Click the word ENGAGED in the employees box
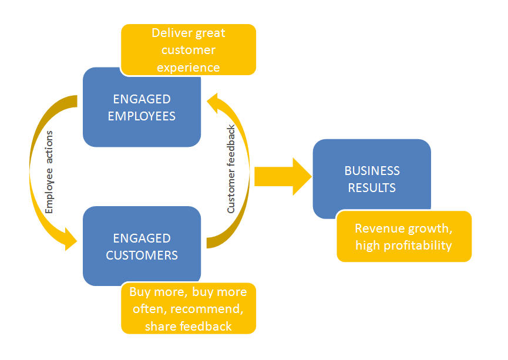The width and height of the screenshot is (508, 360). (141, 99)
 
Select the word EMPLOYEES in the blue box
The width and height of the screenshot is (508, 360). (141, 116)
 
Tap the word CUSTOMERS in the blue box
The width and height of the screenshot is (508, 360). (142, 255)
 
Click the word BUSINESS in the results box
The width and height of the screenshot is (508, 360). (372, 171)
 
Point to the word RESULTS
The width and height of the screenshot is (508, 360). (372, 188)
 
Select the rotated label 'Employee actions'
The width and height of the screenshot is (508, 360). (49, 171)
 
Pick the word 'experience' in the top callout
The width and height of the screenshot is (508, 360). (189, 67)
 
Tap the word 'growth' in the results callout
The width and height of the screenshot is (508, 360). (429, 228)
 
